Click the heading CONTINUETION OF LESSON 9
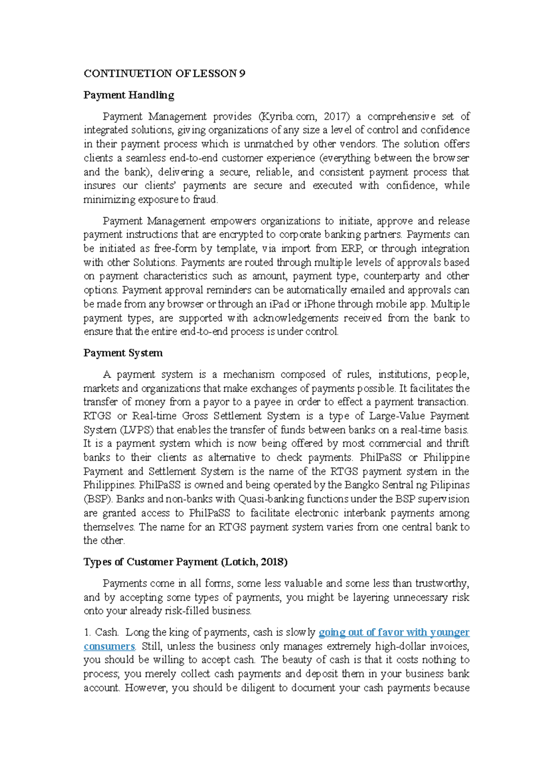[x=164, y=73]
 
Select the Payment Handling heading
[x=129, y=95]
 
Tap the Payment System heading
[x=123, y=353]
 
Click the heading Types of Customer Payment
[x=185, y=562]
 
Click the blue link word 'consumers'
[x=109, y=646]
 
